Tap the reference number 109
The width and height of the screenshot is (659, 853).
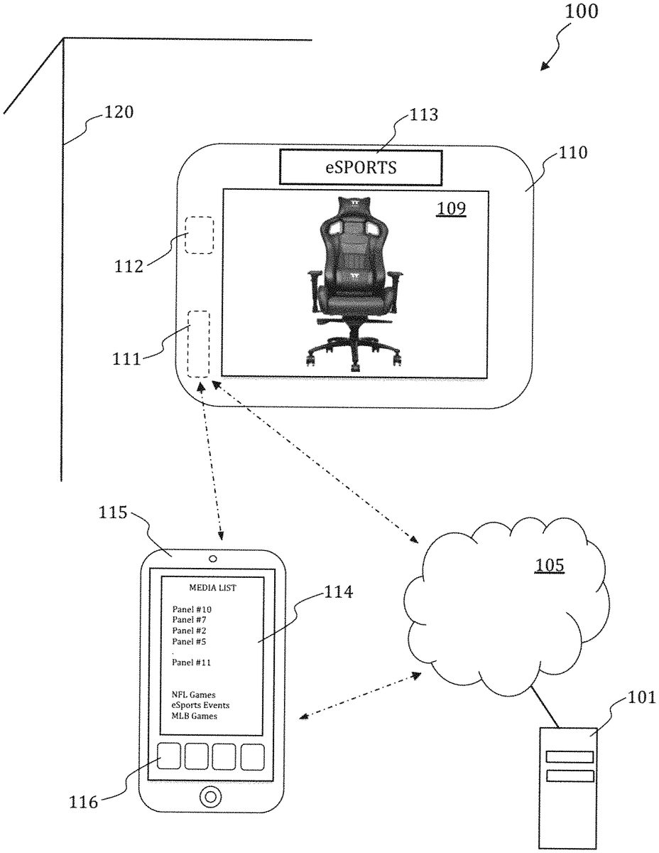pyautogui.click(x=451, y=208)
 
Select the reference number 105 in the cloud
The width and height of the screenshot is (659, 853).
pyautogui.click(x=550, y=565)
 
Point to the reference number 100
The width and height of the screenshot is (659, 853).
pyautogui.click(x=582, y=11)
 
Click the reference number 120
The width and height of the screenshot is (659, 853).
pyautogui.click(x=119, y=112)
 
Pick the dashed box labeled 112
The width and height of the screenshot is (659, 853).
pyautogui.click(x=200, y=235)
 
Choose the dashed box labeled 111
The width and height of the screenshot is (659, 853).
pyautogui.click(x=199, y=344)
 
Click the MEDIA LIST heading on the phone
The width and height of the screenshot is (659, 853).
pyautogui.click(x=213, y=588)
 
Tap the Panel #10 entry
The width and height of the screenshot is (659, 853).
pyautogui.click(x=192, y=609)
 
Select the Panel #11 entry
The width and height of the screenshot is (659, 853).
pyautogui.click(x=191, y=662)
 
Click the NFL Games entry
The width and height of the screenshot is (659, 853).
pyautogui.click(x=194, y=694)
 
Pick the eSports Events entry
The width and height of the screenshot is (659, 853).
pyautogui.click(x=200, y=705)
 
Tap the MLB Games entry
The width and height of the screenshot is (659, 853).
pyautogui.click(x=194, y=716)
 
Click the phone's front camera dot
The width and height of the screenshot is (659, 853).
pyautogui.click(x=213, y=559)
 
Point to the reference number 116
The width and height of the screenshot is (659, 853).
pyautogui.click(x=84, y=803)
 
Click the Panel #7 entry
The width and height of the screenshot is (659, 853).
pyautogui.click(x=189, y=620)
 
